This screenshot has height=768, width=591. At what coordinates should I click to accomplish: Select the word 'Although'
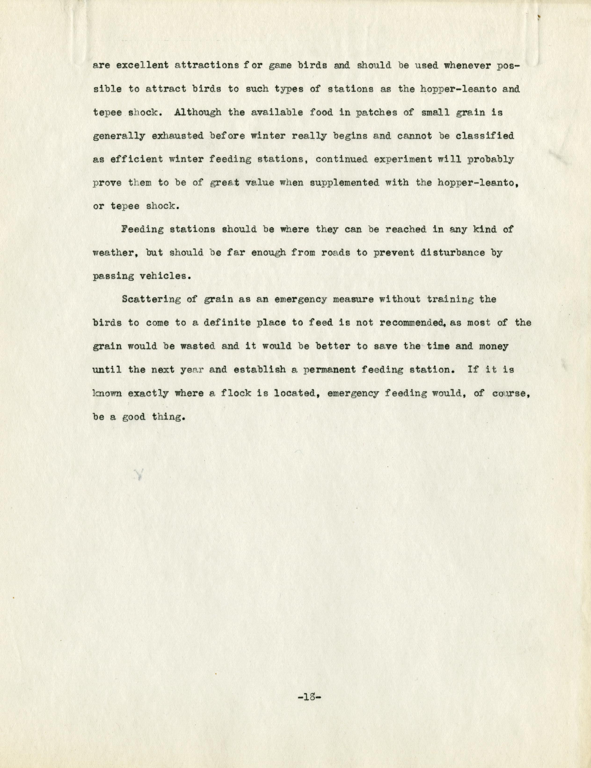[x=198, y=112]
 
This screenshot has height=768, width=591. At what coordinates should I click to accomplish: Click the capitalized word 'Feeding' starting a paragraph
[x=142, y=230]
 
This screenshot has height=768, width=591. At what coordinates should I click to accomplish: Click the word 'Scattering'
[x=151, y=300]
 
